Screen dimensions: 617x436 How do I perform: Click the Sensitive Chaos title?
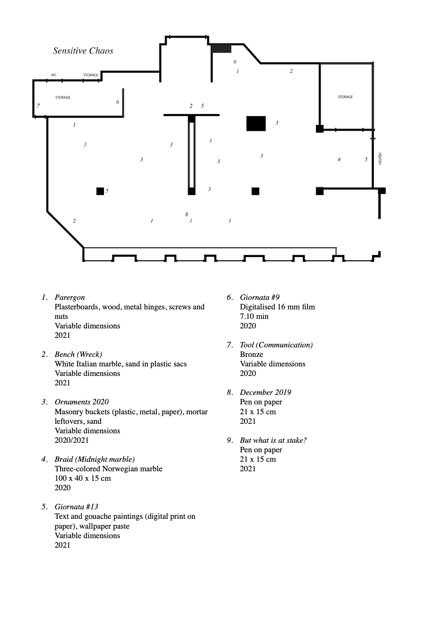(83, 51)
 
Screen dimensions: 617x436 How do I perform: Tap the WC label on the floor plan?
(54, 75)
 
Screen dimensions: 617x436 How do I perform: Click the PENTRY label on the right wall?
(380, 159)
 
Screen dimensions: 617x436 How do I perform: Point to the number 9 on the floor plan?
(235, 62)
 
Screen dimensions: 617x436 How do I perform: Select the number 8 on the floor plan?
(186, 214)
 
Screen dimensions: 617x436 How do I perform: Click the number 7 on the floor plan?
(38, 106)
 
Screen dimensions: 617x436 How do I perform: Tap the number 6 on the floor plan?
(117, 102)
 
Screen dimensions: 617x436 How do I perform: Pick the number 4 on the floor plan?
(339, 159)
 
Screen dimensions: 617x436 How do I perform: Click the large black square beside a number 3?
(256, 123)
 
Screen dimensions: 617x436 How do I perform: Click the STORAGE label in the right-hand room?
(345, 97)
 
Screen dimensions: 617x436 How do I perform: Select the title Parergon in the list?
(70, 297)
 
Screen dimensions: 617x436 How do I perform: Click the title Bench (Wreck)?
(78, 354)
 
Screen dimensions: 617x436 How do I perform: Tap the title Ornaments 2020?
(82, 402)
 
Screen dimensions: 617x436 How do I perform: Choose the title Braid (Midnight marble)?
(95, 459)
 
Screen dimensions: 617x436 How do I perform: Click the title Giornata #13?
(76, 507)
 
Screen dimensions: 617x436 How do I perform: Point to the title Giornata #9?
(259, 297)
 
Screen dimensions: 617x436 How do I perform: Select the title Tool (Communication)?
(276, 345)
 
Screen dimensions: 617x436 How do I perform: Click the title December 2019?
(265, 392)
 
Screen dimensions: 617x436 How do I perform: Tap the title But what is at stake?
(273, 440)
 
